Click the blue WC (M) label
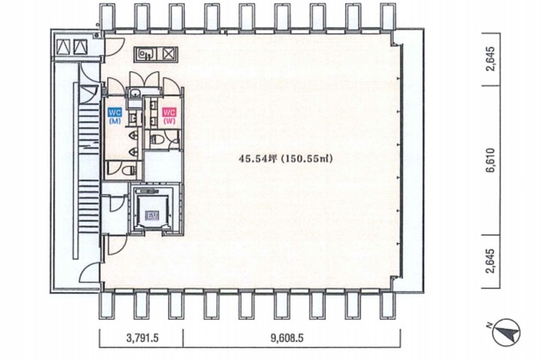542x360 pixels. coord(113,115)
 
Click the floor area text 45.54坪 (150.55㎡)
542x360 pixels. coord(286,159)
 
